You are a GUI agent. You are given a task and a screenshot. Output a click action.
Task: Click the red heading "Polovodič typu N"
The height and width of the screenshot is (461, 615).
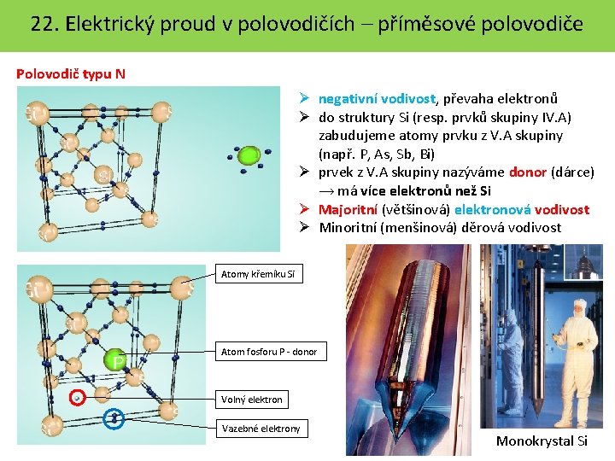pyautogui.click(x=71, y=73)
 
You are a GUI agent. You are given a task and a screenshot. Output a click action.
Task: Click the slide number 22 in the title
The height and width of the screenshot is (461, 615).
pyautogui.click(x=42, y=23)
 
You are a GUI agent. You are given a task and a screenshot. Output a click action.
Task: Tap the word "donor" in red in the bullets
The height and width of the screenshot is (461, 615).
pyautogui.click(x=527, y=172)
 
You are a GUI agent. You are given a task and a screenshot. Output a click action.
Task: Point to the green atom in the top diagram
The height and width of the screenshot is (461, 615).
pyautogui.click(x=249, y=155)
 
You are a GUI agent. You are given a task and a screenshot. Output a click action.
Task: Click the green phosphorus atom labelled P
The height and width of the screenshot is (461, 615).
pyautogui.click(x=115, y=359)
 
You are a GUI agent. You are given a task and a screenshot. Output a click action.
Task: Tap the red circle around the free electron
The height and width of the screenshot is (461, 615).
pyautogui.click(x=78, y=398)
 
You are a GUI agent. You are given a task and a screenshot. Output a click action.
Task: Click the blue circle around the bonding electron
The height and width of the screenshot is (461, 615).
pyautogui.click(x=113, y=418)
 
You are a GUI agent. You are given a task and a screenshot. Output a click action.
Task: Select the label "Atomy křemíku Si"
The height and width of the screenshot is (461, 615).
pyautogui.click(x=257, y=274)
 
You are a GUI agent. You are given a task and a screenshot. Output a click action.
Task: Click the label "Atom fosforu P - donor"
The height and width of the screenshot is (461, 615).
pyautogui.click(x=268, y=352)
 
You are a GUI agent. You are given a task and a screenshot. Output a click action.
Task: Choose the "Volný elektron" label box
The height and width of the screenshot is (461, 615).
pyautogui.click(x=251, y=399)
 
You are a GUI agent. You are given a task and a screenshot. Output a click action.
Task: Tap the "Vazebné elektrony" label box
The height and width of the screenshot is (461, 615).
pyautogui.click(x=261, y=429)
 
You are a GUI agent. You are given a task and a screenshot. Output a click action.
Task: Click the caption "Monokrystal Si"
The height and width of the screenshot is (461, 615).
pyautogui.click(x=542, y=441)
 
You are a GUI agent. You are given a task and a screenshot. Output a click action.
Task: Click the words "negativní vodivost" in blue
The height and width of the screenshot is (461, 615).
pyautogui.click(x=373, y=99)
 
